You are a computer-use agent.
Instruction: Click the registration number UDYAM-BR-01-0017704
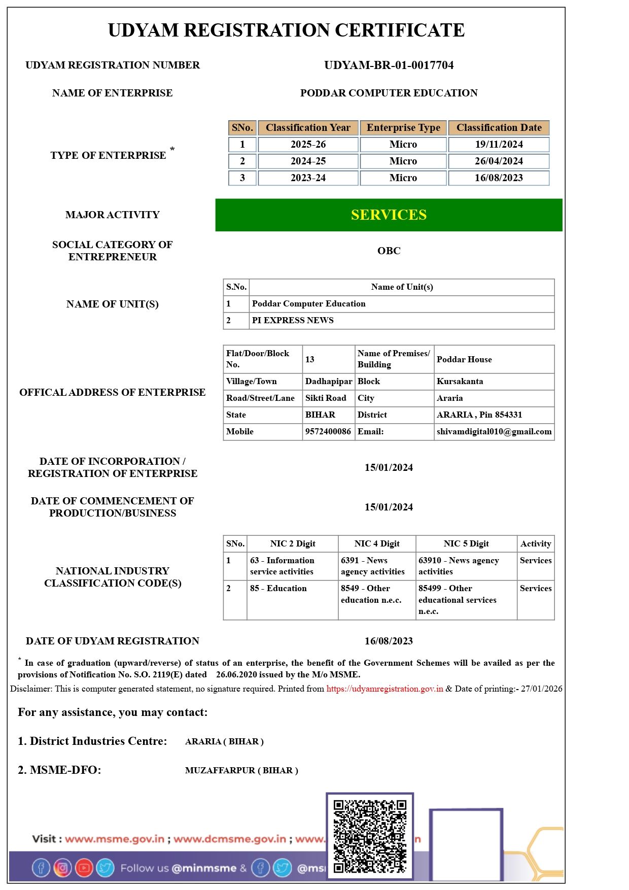coord(389,65)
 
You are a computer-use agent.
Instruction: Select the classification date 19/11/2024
coord(499,145)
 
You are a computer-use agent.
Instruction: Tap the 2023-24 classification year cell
coord(308,178)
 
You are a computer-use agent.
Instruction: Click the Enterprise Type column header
coord(403,128)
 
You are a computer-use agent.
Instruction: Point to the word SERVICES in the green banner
coord(389,215)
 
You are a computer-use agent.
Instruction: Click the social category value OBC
coord(389,251)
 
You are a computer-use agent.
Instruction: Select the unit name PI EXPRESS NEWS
coord(293,321)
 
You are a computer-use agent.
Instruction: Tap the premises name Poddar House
coord(464,360)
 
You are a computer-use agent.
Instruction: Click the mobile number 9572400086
coord(328,432)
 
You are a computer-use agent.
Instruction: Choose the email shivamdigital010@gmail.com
coord(494,432)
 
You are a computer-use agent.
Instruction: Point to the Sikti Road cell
coord(326,398)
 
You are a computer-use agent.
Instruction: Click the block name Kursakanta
coord(460,382)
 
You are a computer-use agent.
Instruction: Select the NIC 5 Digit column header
coord(466,544)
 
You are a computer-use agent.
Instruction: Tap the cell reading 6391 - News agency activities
coord(373,566)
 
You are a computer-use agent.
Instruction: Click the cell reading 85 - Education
coord(278,589)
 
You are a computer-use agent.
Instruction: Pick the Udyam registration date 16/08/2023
coord(389,641)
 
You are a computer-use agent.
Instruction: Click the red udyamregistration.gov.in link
coord(385,689)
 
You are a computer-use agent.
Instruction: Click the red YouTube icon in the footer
coord(84,868)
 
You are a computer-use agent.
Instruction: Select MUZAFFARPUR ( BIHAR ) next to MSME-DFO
coord(241,771)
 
